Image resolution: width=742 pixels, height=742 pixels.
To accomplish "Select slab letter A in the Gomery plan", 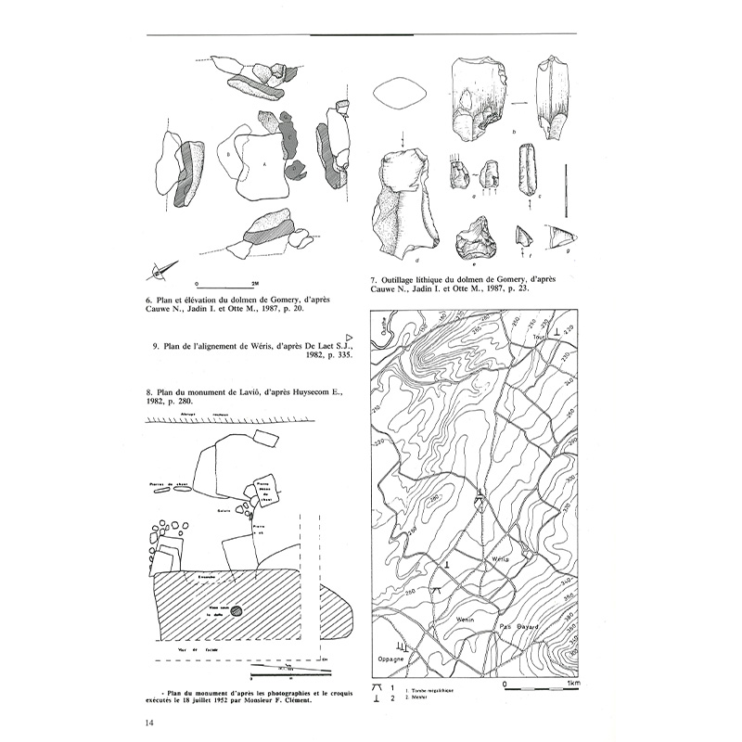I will [263, 164].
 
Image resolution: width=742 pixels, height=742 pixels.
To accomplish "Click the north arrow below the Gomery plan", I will [159, 271].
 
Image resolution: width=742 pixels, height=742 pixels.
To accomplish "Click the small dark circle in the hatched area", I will [237, 610].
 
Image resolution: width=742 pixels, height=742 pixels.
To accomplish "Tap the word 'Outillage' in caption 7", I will [401, 279].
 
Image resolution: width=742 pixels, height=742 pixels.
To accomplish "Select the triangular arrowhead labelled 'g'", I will [561, 237].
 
